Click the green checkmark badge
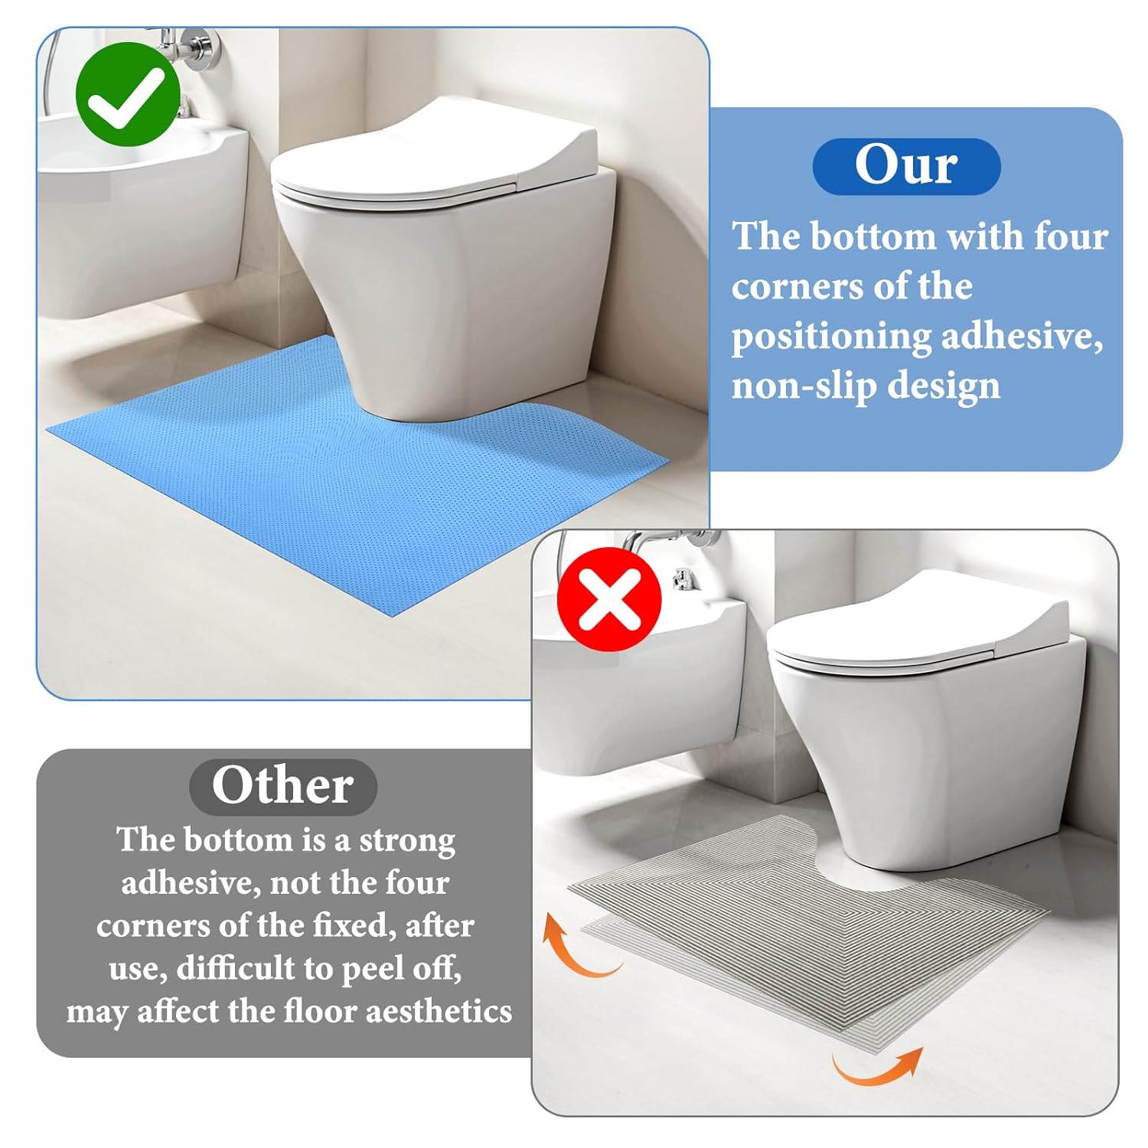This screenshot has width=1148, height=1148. [128, 94]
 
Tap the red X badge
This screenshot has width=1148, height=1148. [609, 599]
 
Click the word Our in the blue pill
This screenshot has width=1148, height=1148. [906, 165]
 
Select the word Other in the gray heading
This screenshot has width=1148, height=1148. [282, 786]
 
